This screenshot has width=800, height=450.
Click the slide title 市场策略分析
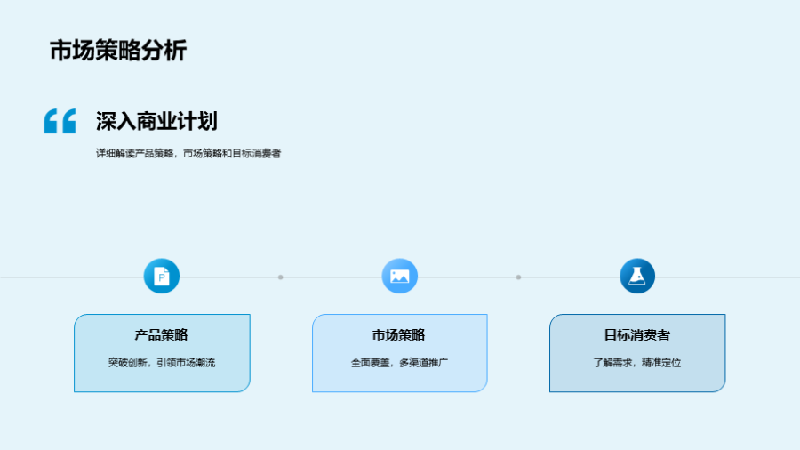pyautogui.click(x=118, y=51)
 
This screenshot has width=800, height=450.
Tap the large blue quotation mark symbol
pyautogui.click(x=60, y=121)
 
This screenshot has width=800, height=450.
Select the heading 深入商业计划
pyautogui.click(x=156, y=121)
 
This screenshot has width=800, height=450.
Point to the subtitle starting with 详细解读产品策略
pyautogui.click(x=188, y=153)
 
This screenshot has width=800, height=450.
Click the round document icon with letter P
pyautogui.click(x=161, y=276)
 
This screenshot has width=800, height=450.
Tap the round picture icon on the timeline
pyautogui.click(x=399, y=276)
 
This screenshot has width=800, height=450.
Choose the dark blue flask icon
pyautogui.click(x=637, y=276)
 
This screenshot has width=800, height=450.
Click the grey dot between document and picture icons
pyautogui.click(x=281, y=277)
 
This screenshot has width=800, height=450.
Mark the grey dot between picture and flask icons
pyautogui.click(x=518, y=277)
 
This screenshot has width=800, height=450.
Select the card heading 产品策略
pyautogui.click(x=161, y=334)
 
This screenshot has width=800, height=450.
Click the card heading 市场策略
pyautogui.click(x=398, y=334)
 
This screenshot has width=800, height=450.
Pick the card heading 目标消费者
pyautogui.click(x=636, y=334)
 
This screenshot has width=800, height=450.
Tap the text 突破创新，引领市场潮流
pyautogui.click(x=162, y=362)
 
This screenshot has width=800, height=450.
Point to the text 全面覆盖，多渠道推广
pyautogui.click(x=399, y=362)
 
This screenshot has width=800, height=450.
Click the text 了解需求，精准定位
pyautogui.click(x=637, y=362)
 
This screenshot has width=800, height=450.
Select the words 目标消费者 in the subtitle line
pyautogui.click(x=257, y=153)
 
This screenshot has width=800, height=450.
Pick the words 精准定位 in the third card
pyautogui.click(x=661, y=362)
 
